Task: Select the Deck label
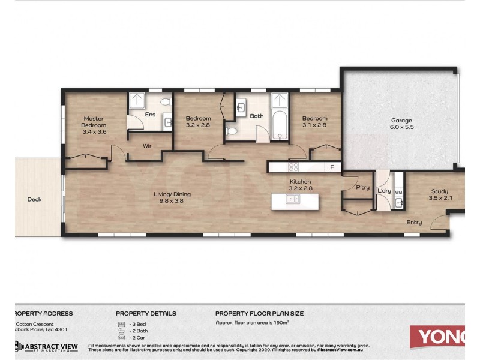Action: [34, 200]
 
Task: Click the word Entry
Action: [414, 223]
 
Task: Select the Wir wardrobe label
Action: [146, 146]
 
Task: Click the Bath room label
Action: [257, 116]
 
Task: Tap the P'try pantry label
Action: [362, 188]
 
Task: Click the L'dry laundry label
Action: [384, 191]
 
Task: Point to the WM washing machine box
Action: [398, 191]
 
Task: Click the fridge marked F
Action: [332, 167]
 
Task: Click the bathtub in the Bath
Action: [279, 122]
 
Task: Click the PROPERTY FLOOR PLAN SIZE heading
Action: [259, 313]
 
